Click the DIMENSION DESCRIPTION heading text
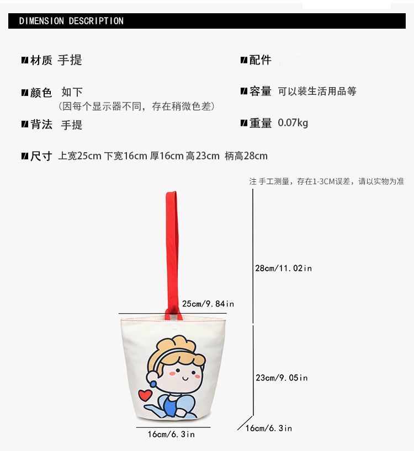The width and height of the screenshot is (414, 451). tap(71, 21)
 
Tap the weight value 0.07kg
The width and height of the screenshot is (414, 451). tap(293, 123)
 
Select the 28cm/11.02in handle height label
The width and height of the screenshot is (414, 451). tap(283, 269)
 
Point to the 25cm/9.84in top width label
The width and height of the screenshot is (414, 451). tap(208, 304)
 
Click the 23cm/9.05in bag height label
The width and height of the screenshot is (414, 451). tap(282, 378)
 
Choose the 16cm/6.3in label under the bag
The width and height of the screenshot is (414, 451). tap(171, 434)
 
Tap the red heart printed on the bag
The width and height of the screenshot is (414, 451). tap(145, 395)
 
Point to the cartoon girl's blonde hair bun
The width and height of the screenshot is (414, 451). tap(173, 343)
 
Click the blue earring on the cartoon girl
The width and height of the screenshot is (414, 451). tap(153, 384)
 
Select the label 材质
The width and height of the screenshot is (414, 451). tap(41, 61)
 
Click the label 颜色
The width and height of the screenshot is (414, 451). tap(41, 93)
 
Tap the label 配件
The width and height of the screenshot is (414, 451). tap(260, 60)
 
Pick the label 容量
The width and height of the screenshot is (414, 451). tap(260, 92)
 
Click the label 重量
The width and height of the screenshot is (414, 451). tap(260, 123)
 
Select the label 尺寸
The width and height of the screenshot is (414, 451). tap(41, 156)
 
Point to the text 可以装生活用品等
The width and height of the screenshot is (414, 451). tap(317, 92)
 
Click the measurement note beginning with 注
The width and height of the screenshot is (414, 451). tap(327, 181)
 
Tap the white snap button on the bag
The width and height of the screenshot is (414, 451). tap(174, 327)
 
